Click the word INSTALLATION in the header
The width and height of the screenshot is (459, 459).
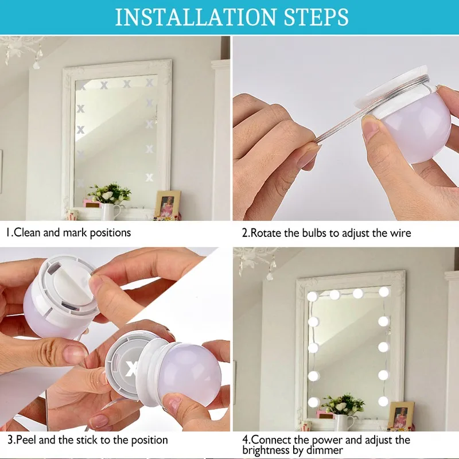click(196, 17)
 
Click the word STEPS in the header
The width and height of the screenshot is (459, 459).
click(316, 17)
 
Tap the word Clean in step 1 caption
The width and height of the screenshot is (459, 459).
click(26, 233)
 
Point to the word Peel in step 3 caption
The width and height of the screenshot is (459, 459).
click(26, 440)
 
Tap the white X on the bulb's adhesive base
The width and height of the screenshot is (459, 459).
click(131, 368)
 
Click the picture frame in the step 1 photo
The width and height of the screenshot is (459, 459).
click(168, 204)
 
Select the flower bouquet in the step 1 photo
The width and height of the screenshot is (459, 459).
click(110, 193)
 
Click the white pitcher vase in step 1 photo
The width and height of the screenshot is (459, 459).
click(110, 211)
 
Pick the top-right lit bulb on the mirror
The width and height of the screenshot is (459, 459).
click(384, 291)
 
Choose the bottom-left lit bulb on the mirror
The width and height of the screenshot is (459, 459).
click(313, 402)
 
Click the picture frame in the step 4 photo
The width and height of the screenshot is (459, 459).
click(401, 415)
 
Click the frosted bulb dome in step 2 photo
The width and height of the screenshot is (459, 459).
click(417, 129)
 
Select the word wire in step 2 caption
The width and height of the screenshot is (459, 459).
click(400, 233)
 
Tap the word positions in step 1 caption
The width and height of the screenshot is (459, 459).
click(110, 233)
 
